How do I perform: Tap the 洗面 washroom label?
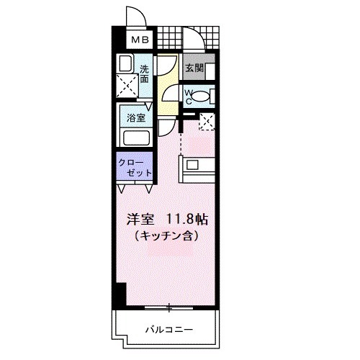point(144,73)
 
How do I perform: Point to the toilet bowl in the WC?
point(204,96)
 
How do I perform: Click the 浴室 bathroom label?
point(136,117)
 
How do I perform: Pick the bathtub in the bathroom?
point(136,138)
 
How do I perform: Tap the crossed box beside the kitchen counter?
point(207,122)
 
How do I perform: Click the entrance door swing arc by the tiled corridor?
point(192,38)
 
